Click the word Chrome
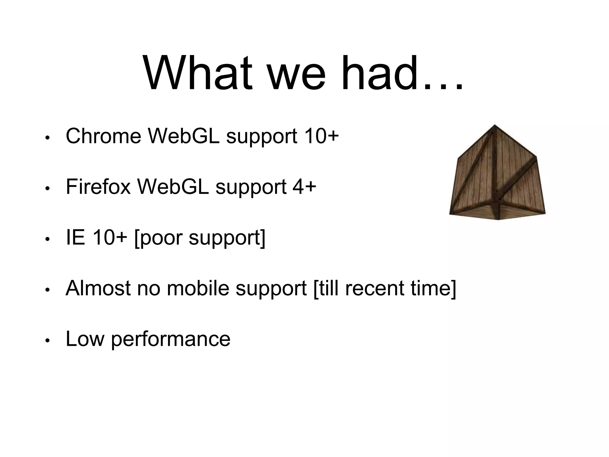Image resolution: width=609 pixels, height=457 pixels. pos(103,136)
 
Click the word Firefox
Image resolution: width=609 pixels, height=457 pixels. pos(98,187)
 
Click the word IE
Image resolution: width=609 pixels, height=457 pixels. pos(75,238)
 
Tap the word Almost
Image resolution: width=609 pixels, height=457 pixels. pos(98,288)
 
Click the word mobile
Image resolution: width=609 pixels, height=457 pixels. pos(198,288)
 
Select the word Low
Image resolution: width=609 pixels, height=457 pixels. pos(85,339)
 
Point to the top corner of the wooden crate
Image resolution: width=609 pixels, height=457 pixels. pos(494,125)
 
